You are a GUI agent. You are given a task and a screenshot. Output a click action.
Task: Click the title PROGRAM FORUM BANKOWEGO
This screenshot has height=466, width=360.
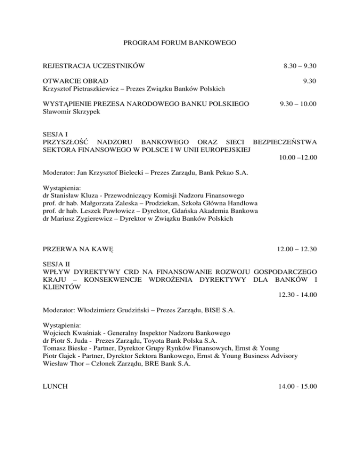[x=180, y=43]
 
